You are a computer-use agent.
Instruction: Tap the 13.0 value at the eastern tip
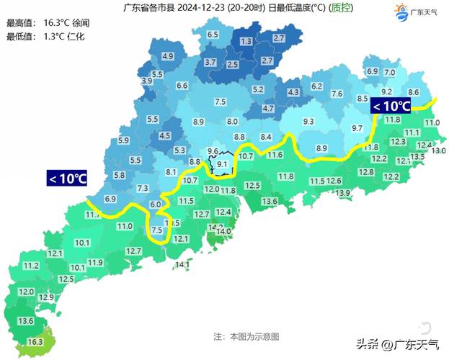(438, 150)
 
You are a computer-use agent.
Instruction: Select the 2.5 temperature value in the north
(233, 65)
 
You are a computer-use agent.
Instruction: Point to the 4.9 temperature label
(168, 56)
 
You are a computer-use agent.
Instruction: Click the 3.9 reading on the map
(147, 81)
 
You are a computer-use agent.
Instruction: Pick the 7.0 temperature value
(389, 73)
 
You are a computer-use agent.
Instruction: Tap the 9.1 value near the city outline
(222, 164)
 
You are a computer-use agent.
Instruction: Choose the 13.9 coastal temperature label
(342, 193)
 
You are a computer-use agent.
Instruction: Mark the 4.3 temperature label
(293, 93)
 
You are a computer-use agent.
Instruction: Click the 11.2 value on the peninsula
(31, 266)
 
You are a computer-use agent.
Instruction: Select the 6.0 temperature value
(156, 205)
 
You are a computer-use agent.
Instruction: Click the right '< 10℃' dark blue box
(391, 107)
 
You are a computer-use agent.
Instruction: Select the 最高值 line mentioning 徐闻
(45, 23)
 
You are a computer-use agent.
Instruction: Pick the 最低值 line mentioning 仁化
(45, 36)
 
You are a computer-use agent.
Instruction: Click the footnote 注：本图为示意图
(246, 336)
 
